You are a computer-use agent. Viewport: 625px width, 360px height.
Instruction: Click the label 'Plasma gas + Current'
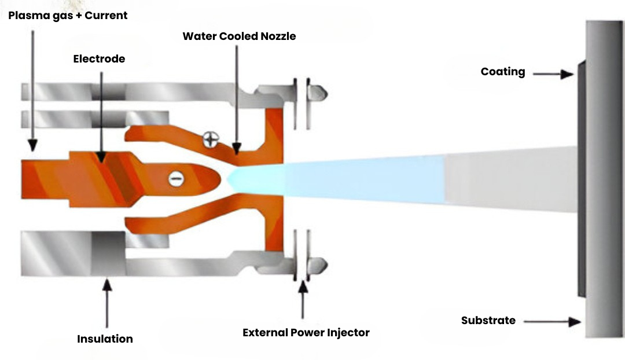click(x=68, y=16)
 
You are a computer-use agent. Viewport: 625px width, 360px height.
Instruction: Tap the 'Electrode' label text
click(x=99, y=59)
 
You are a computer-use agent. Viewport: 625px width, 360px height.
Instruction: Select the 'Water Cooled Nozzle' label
click(x=239, y=36)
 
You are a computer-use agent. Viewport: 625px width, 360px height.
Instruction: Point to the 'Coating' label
click(x=503, y=72)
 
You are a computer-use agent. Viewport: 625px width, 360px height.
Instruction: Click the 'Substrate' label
click(x=488, y=320)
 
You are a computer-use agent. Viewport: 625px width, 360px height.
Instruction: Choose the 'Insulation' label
click(x=105, y=339)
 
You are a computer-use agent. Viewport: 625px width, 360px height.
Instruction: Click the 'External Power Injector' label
click(x=306, y=333)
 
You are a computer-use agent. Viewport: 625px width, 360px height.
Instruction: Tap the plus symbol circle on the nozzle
click(x=211, y=139)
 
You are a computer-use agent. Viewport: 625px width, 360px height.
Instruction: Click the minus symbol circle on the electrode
click(x=176, y=179)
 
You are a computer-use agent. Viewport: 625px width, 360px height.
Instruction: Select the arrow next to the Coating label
click(x=553, y=74)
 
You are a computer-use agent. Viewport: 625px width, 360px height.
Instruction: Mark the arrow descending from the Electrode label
click(x=101, y=116)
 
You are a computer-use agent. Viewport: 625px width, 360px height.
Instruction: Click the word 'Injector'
click(x=348, y=333)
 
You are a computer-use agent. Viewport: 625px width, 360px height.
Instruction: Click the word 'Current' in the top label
click(x=106, y=16)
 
